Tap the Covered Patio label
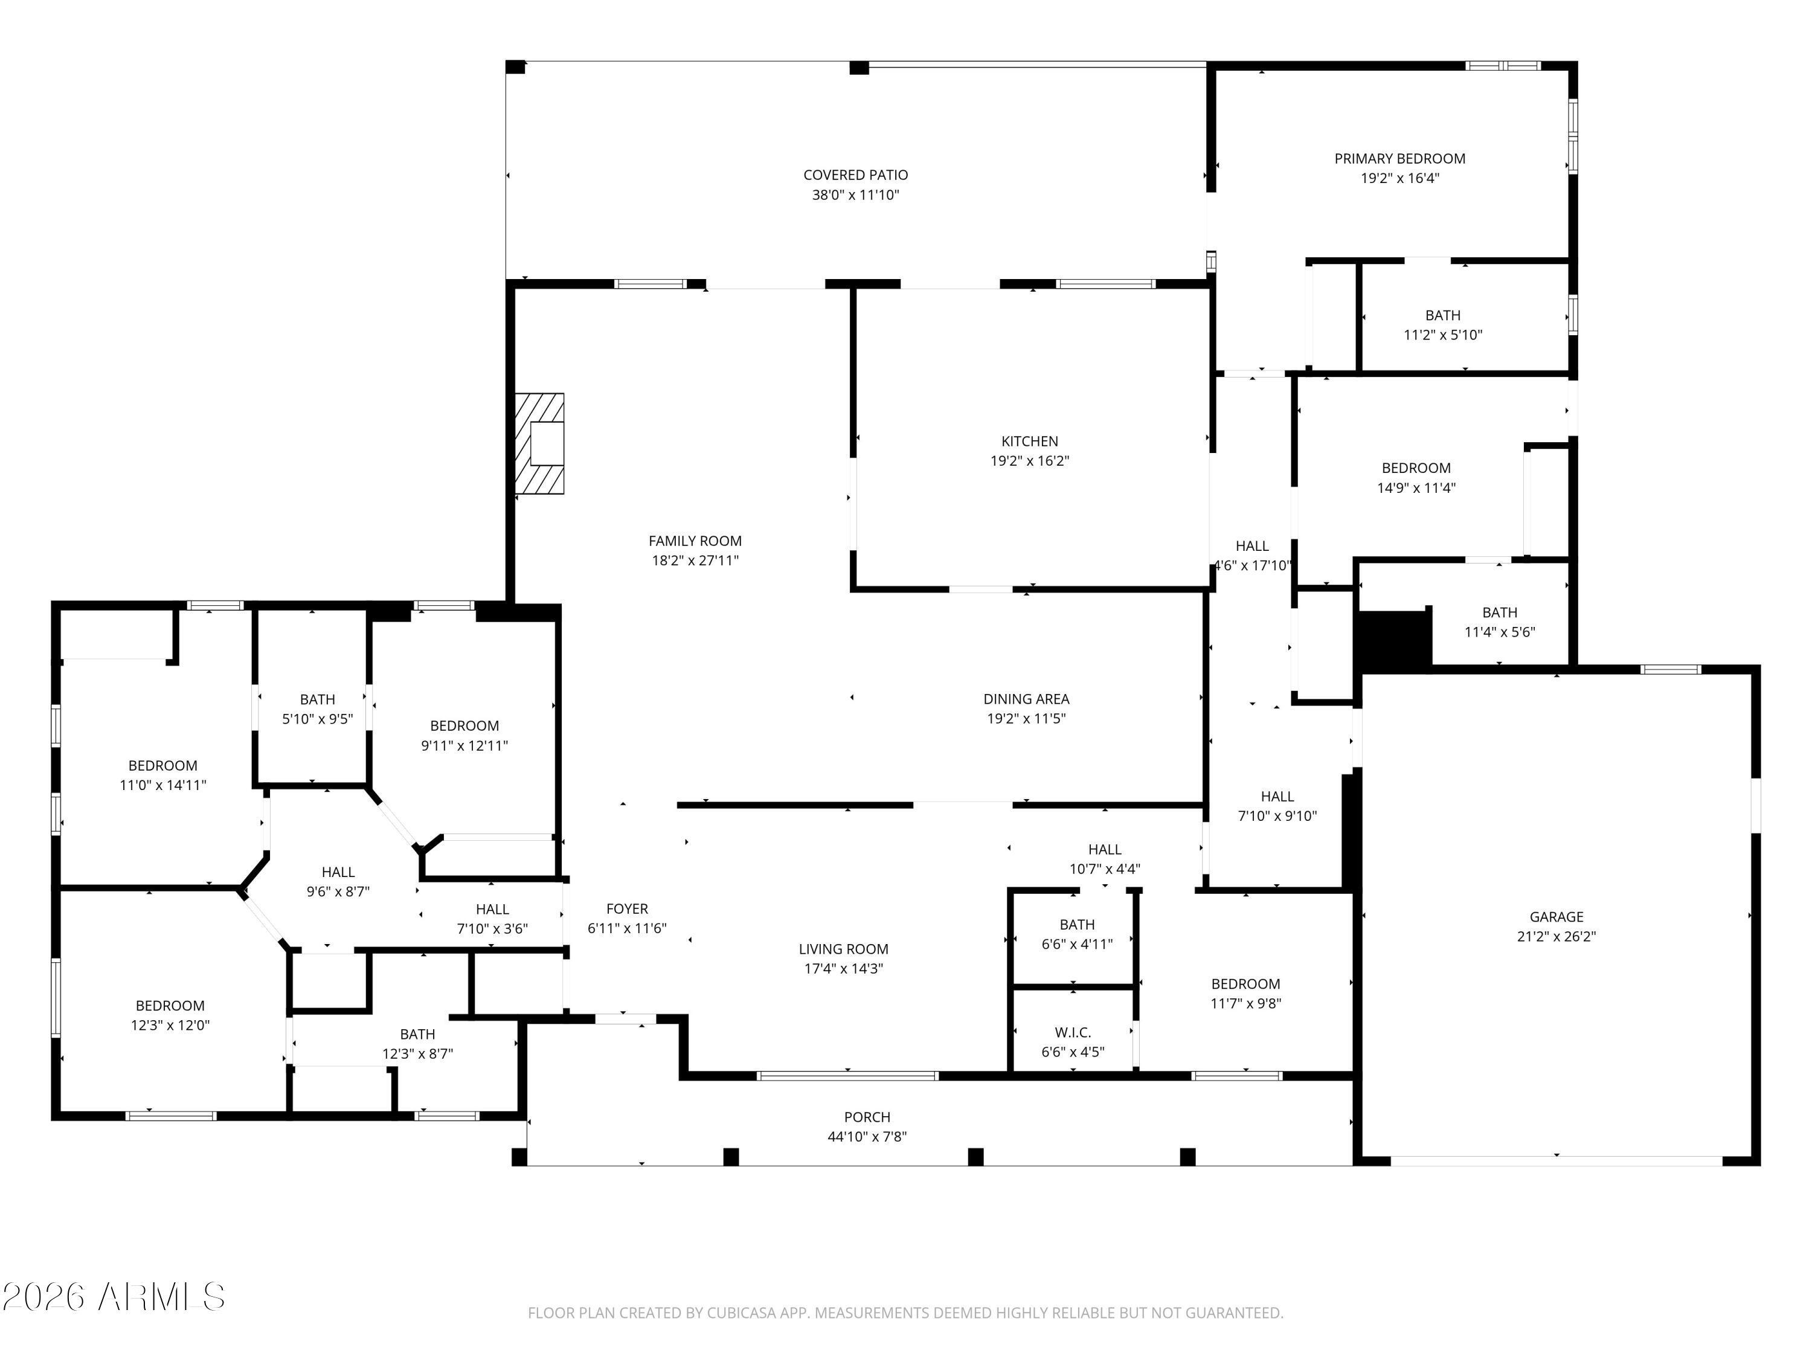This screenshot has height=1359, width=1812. (855, 175)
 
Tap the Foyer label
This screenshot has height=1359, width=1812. (627, 909)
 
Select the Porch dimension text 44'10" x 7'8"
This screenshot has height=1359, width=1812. (867, 1137)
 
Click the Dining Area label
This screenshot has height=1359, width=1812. (1026, 699)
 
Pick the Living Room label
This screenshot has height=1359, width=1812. (843, 949)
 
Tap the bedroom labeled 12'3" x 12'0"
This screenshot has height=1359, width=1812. (170, 1015)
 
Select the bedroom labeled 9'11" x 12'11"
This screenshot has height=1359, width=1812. (464, 735)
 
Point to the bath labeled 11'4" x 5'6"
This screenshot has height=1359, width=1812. (1499, 622)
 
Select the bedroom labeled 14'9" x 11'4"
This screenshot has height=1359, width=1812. (1416, 478)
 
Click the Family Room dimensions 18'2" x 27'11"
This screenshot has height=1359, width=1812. (695, 561)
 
